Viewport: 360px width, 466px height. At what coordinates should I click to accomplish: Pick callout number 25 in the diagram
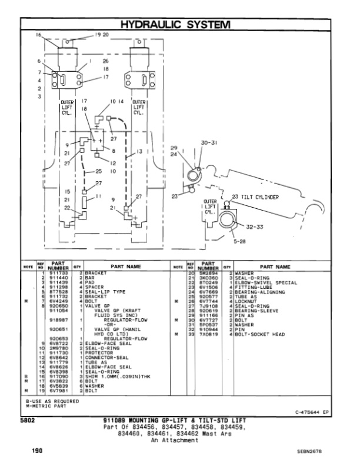click(x=99, y=172)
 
